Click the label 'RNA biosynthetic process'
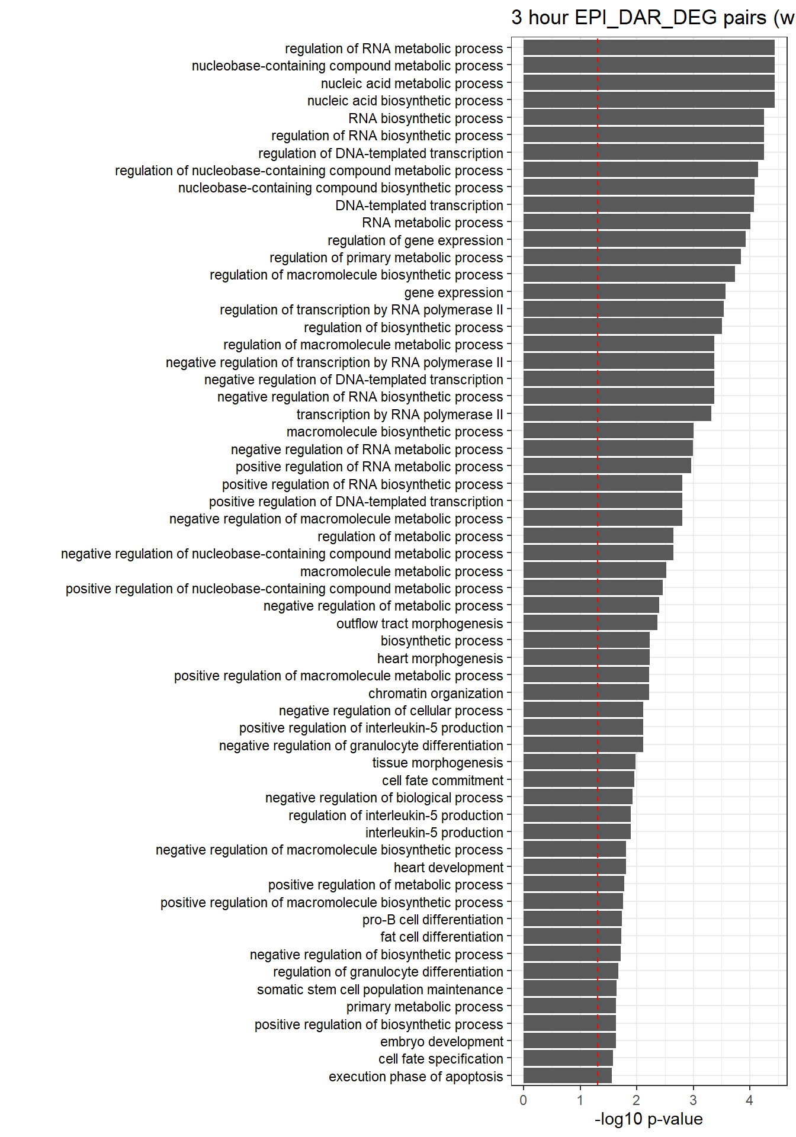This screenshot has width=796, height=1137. pyautogui.click(x=426, y=118)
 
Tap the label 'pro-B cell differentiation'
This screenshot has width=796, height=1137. pyautogui.click(x=433, y=920)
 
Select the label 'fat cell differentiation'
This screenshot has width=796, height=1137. pyautogui.click(x=442, y=937)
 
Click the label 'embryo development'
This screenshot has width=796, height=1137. pyautogui.click(x=442, y=1042)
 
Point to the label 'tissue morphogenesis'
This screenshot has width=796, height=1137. pyautogui.click(x=438, y=763)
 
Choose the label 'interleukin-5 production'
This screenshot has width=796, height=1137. pyautogui.click(x=434, y=833)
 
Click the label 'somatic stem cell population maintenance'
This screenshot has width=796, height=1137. pyautogui.click(x=380, y=990)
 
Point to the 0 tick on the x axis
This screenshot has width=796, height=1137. pyautogui.click(x=524, y=1100)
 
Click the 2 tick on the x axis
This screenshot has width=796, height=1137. pyautogui.click(x=637, y=1100)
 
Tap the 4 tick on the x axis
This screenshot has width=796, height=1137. pyautogui.click(x=750, y=1100)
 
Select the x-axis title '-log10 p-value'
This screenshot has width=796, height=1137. pyautogui.click(x=649, y=1119)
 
